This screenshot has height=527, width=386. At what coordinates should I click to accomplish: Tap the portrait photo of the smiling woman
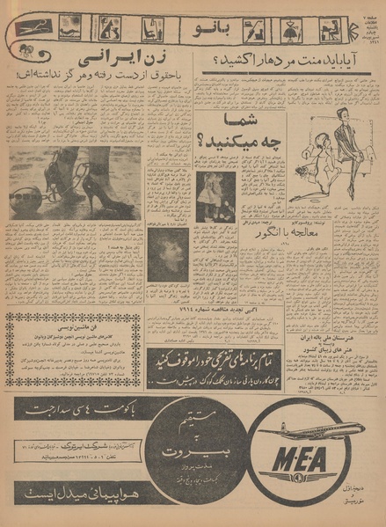167,255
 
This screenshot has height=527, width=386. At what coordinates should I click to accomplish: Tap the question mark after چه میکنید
208,141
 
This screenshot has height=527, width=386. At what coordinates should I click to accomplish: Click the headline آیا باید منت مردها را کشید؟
288,62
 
